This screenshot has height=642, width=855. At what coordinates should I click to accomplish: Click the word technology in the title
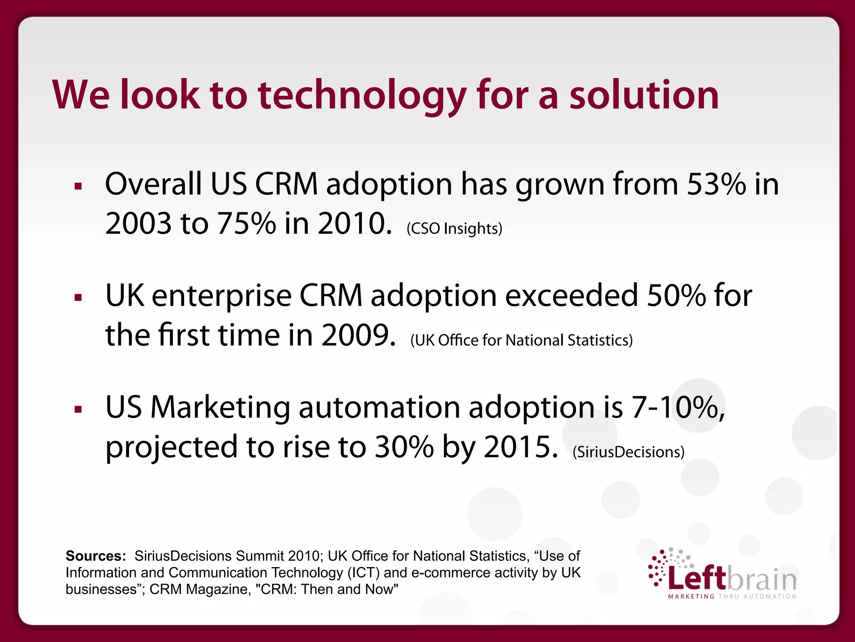tap(362, 96)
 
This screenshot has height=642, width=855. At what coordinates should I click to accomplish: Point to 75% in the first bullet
tap(246, 224)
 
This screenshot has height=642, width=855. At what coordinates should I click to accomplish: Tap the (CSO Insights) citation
tap(454, 229)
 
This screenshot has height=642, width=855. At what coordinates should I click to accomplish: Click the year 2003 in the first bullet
tap(138, 224)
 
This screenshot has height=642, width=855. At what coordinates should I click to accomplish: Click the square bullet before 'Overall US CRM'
tap(78, 186)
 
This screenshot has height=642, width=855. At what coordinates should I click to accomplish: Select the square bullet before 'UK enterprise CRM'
tap(78, 298)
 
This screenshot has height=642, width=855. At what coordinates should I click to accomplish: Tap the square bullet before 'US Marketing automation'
tap(78, 409)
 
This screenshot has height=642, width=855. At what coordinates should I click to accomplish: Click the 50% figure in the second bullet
tap(676, 296)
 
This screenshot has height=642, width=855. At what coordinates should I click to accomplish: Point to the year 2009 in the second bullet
tap(358, 335)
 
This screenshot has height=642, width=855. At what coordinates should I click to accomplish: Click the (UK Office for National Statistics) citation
tap(521, 340)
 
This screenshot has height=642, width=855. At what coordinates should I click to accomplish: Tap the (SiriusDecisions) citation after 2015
tap(628, 452)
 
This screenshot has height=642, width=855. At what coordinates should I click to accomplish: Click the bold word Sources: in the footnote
tap(96, 556)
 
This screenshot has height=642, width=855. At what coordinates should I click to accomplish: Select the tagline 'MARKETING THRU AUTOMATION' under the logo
tap(732, 596)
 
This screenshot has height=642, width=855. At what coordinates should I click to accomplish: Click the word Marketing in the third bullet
tap(220, 407)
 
